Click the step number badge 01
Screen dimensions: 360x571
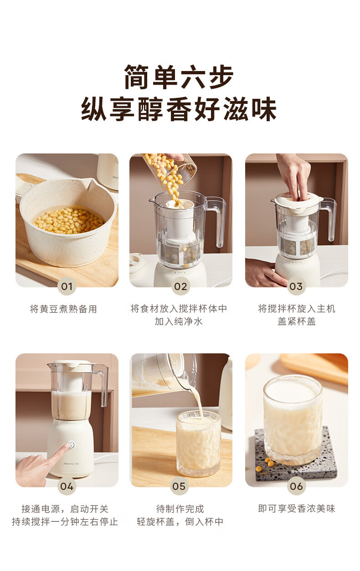pyautogui.click(x=67, y=286)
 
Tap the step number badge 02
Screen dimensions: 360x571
pyautogui.click(x=180, y=286)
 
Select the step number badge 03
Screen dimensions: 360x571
pyautogui.click(x=296, y=286)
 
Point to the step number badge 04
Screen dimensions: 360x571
pyautogui.click(x=67, y=486)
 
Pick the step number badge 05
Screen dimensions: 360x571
pyautogui.click(x=179, y=486)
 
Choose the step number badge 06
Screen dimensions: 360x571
pyautogui.click(x=296, y=486)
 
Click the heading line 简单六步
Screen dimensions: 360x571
pyautogui.click(x=179, y=77)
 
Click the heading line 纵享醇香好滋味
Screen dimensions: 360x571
pyautogui.click(x=179, y=109)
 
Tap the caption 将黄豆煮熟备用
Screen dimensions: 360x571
pyautogui.click(x=63, y=309)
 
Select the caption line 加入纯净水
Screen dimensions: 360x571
pyautogui.click(x=179, y=321)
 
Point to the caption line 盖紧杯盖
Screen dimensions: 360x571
pyautogui.click(x=297, y=321)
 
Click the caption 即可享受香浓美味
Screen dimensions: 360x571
pyautogui.click(x=297, y=509)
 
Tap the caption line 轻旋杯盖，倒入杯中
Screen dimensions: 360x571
pyautogui.click(x=180, y=521)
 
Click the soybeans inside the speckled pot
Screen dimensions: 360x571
pyautogui.click(x=69, y=221)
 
